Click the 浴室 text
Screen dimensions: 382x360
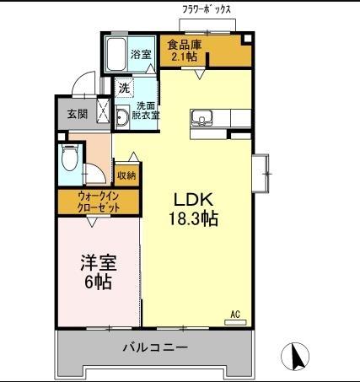(x=141, y=55)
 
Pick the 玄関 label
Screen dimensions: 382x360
(x=77, y=114)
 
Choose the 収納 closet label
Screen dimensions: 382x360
(x=126, y=175)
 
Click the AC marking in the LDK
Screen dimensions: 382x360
(x=235, y=315)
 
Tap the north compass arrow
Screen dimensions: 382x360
(x=297, y=356)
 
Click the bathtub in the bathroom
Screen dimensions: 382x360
(x=115, y=54)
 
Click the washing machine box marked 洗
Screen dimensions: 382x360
(x=124, y=88)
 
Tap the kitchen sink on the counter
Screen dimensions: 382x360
(x=203, y=116)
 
